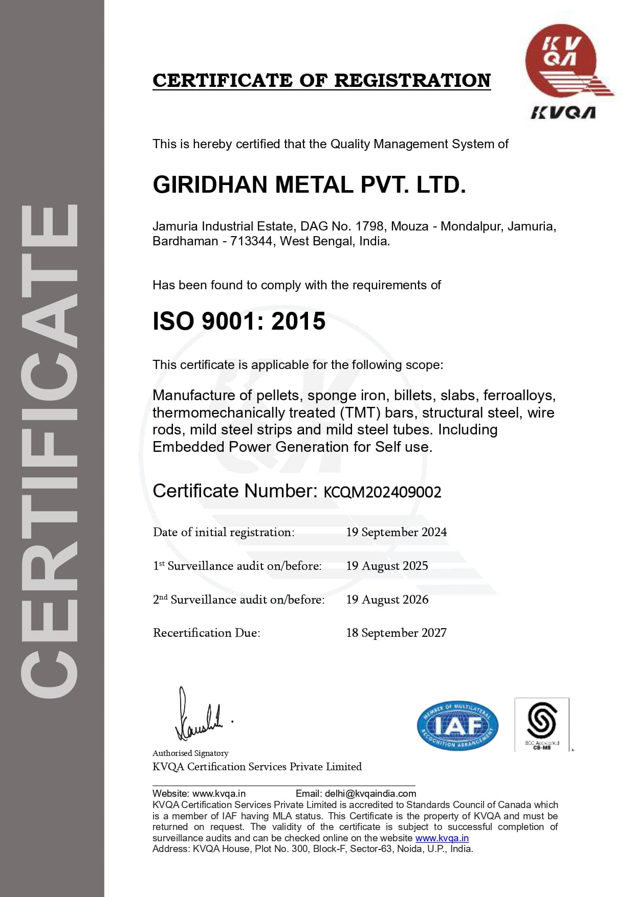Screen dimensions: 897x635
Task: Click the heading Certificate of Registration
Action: click(321, 80)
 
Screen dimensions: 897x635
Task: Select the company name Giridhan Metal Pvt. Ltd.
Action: click(309, 185)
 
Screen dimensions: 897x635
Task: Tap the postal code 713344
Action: click(251, 241)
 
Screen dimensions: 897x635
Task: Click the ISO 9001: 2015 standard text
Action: click(239, 321)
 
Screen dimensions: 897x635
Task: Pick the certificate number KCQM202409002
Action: click(382, 492)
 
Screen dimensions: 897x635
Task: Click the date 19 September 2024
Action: click(396, 532)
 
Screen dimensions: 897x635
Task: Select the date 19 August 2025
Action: click(387, 566)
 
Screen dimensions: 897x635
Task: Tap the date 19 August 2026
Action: click(387, 600)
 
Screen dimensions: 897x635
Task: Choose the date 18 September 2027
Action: click(396, 633)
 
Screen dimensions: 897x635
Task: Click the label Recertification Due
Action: click(206, 633)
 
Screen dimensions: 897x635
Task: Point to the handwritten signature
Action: click(200, 716)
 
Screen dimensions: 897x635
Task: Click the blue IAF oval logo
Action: click(457, 725)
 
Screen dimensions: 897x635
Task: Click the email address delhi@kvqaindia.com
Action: click(370, 794)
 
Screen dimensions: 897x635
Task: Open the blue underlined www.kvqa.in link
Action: click(442, 838)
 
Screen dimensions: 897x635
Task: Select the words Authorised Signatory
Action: click(190, 753)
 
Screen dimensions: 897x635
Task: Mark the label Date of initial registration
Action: click(224, 532)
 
